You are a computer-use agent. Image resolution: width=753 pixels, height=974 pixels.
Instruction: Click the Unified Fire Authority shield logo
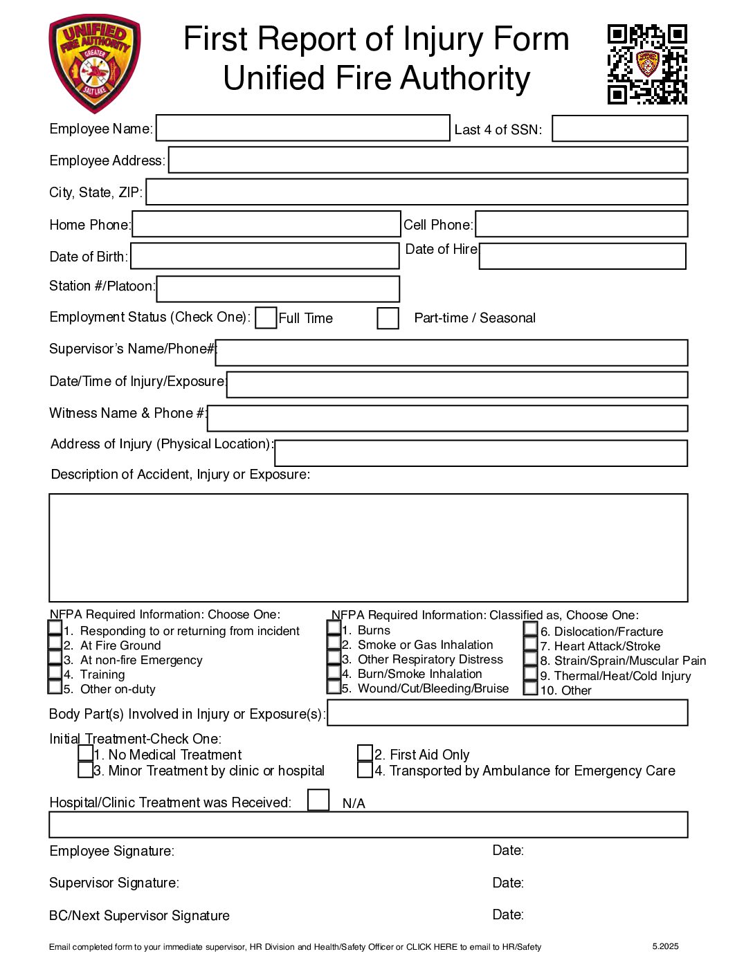(x=94, y=64)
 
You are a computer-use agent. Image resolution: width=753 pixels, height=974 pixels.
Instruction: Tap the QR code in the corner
(x=647, y=64)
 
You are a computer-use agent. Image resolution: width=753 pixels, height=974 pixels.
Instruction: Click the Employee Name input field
(x=302, y=128)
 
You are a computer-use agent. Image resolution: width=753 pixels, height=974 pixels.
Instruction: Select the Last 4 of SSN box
(x=619, y=129)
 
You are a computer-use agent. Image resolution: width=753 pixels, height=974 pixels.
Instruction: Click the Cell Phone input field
(x=581, y=224)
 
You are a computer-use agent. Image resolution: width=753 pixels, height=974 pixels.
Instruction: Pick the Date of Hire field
(x=582, y=256)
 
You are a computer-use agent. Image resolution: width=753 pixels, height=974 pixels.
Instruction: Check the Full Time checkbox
(x=266, y=318)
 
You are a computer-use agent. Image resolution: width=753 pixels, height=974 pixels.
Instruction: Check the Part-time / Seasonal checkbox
(x=388, y=318)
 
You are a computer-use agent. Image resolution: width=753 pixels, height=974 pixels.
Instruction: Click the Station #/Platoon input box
(x=278, y=289)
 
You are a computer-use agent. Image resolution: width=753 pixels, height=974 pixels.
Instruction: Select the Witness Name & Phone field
(x=447, y=419)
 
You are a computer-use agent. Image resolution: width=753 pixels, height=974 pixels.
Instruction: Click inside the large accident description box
(x=368, y=547)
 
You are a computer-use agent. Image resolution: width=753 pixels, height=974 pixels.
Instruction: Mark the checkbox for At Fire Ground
(x=55, y=643)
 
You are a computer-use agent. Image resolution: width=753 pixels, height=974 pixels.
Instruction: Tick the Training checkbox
(x=55, y=672)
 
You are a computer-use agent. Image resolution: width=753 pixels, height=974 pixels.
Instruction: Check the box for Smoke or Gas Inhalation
(x=334, y=643)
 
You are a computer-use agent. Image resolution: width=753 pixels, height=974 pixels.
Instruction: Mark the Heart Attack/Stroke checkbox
(x=530, y=644)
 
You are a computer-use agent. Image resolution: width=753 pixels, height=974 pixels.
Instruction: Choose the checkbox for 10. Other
(x=530, y=688)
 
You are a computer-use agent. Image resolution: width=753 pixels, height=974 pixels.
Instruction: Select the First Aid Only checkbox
(x=365, y=753)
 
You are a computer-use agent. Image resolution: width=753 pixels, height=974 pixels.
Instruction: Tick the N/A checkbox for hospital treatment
(x=318, y=800)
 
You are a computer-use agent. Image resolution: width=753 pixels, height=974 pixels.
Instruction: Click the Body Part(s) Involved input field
(x=507, y=713)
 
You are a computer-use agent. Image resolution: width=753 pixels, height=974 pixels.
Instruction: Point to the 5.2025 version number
(x=665, y=946)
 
